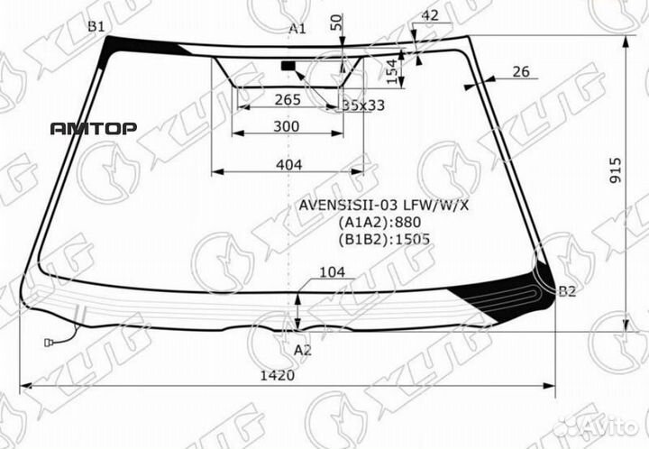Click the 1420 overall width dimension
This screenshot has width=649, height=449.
click(278, 375)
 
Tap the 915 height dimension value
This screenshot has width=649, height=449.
click(616, 170)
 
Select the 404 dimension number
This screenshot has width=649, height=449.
click(289, 165)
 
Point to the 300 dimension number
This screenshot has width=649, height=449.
click(287, 126)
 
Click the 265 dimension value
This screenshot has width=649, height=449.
click(288, 100)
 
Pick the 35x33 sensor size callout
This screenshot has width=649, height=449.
click(363, 105)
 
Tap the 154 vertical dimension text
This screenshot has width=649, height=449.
click(392, 71)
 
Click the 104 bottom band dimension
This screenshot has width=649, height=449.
click(332, 272)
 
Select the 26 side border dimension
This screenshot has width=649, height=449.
click(521, 71)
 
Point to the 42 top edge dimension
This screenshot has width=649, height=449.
click(430, 15)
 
